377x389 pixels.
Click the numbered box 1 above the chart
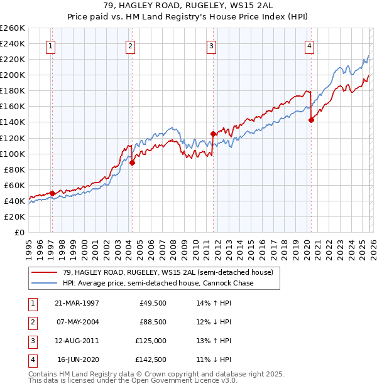coord(50,45)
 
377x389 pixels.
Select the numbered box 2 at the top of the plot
coord(130,45)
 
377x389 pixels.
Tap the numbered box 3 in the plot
coord(212,45)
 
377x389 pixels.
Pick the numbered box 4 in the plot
coord(310,45)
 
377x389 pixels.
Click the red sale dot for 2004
coord(133,163)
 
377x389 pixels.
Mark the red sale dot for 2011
coord(213,134)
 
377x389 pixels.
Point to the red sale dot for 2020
coord(311,120)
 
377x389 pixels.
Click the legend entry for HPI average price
coord(157,284)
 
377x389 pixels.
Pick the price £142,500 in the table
coord(151,360)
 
